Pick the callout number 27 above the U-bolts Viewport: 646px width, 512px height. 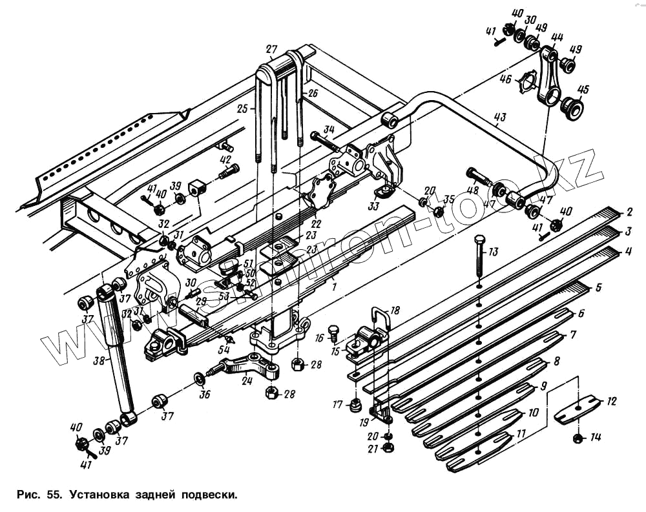tap(271, 49)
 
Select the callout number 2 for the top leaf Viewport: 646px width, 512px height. tap(628, 211)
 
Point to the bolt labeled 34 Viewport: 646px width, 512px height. tap(321, 139)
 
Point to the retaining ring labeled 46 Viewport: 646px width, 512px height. tap(529, 84)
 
